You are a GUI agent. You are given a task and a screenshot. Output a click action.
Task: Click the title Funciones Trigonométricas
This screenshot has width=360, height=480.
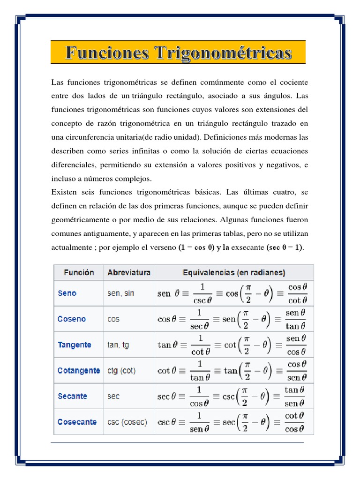coord(178,52)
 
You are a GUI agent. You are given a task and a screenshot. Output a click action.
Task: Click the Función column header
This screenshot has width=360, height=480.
coord(79,272)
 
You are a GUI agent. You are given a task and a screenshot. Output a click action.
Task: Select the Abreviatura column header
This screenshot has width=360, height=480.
coord(129,272)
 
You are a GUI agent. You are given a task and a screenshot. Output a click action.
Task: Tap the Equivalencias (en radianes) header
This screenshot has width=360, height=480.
coord(234,272)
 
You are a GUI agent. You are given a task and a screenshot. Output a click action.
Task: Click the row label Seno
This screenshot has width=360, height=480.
coord(67,293)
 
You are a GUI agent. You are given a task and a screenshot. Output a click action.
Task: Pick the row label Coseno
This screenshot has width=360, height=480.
coord(72,319)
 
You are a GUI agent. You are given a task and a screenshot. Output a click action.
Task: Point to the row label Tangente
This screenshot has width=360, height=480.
coord(75,345)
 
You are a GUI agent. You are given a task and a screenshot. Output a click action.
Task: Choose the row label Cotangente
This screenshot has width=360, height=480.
coord(79,371)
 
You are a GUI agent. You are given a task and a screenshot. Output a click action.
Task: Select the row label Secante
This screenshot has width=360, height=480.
coord(72,396)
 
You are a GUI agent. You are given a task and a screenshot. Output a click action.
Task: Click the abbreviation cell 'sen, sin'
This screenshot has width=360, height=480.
coord(121,293)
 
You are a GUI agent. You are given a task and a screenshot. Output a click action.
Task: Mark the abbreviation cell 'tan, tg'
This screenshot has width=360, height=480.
coord(118,345)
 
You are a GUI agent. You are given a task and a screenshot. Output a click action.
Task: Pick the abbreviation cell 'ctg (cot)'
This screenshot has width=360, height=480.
coord(121,371)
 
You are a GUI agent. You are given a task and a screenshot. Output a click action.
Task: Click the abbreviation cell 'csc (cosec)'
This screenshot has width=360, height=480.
coord(127,422)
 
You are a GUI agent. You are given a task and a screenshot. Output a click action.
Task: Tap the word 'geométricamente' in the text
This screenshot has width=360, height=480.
coord(79,220)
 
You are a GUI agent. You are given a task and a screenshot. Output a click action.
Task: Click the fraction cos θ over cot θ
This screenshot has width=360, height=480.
coord(298,293)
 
